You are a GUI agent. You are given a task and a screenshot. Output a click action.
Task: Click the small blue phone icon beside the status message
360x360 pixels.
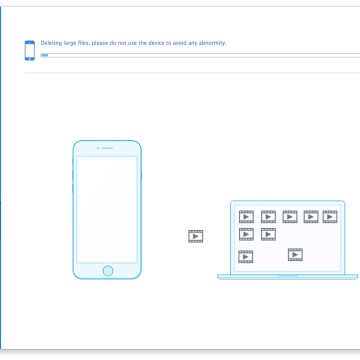(x=30, y=50)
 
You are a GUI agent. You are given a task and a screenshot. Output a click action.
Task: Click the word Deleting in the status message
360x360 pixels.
(x=50, y=43)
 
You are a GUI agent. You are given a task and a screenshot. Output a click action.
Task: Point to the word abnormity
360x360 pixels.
(x=212, y=43)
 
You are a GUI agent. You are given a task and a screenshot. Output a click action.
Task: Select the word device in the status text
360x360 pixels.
(x=157, y=43)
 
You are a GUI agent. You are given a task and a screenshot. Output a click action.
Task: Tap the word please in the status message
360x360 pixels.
(x=100, y=43)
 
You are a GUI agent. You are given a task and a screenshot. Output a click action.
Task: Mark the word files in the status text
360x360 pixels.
(x=83, y=43)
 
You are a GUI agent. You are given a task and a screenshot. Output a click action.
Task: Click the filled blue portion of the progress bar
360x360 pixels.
(x=44, y=55)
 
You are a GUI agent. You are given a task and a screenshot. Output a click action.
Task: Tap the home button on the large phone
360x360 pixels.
(x=108, y=271)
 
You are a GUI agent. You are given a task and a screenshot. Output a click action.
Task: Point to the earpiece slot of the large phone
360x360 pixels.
(x=107, y=148)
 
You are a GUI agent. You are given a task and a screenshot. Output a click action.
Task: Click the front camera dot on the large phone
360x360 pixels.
(x=98, y=148)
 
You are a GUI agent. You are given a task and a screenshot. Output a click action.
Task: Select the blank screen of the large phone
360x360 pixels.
(x=107, y=209)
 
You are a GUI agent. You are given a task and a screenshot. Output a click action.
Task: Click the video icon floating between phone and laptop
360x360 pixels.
(x=196, y=236)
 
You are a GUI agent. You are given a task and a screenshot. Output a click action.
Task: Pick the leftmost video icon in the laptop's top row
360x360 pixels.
(x=246, y=217)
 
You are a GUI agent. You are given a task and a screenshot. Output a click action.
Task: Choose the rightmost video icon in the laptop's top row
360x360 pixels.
(x=330, y=217)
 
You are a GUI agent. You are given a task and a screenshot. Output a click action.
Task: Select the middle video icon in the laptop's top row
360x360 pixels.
(x=290, y=217)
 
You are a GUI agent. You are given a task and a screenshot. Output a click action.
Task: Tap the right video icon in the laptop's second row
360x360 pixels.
(x=268, y=234)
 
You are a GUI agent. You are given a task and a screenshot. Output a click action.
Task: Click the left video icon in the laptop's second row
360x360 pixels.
(x=246, y=234)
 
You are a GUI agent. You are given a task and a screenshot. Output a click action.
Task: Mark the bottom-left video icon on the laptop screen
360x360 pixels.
(x=246, y=257)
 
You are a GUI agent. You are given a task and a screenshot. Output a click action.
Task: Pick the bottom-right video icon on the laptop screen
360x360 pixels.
(x=295, y=255)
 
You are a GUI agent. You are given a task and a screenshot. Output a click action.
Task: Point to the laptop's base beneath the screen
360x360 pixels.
(x=287, y=277)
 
